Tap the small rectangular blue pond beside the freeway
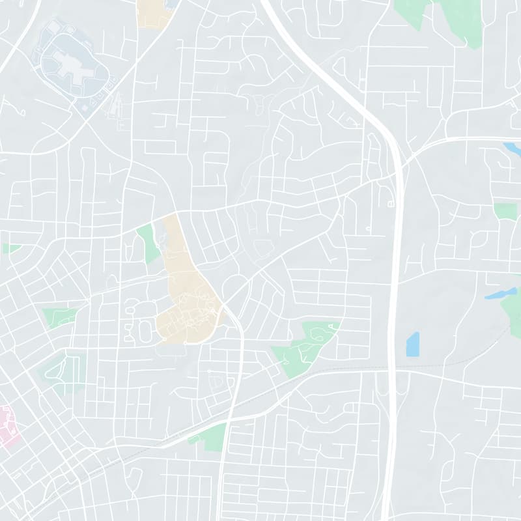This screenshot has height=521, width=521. pos(413,345)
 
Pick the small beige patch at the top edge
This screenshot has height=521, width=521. pos(153,13)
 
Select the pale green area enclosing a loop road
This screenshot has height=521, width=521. pos(65,371)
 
